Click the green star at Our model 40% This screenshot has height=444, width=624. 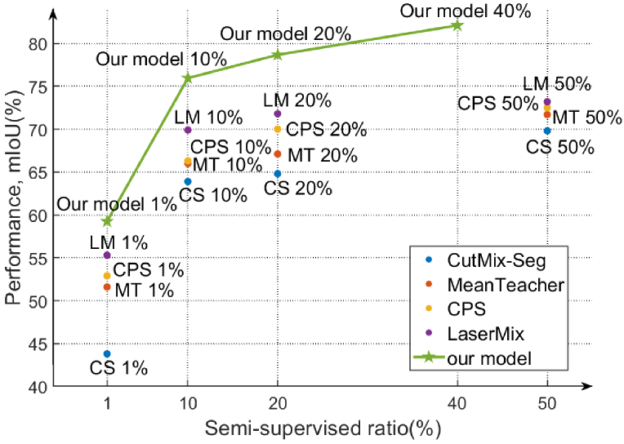click(x=457, y=25)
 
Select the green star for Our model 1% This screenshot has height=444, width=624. click(x=106, y=221)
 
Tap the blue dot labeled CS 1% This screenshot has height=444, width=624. click(x=107, y=353)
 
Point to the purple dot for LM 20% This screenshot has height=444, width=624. click(x=278, y=113)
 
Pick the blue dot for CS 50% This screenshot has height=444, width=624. click(x=547, y=131)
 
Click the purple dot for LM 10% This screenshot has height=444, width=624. click(x=188, y=130)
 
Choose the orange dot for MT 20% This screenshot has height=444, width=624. click(x=278, y=153)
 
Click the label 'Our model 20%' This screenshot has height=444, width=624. click(x=286, y=33)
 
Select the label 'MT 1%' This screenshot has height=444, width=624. click(x=145, y=289)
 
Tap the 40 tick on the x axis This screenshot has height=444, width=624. click(x=457, y=402)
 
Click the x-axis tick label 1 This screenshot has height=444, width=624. click(x=106, y=402)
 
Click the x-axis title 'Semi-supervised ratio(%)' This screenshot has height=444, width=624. click(x=323, y=428)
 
